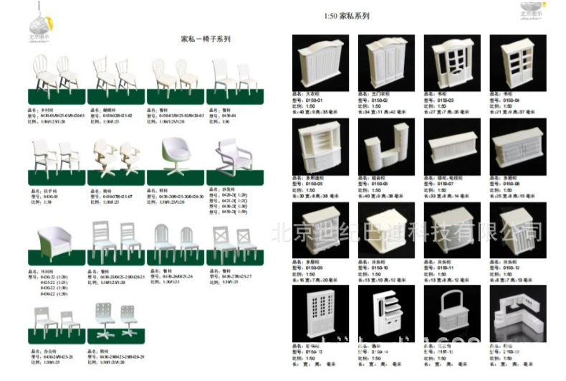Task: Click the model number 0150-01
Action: (316, 100)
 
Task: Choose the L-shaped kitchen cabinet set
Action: (518, 315)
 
